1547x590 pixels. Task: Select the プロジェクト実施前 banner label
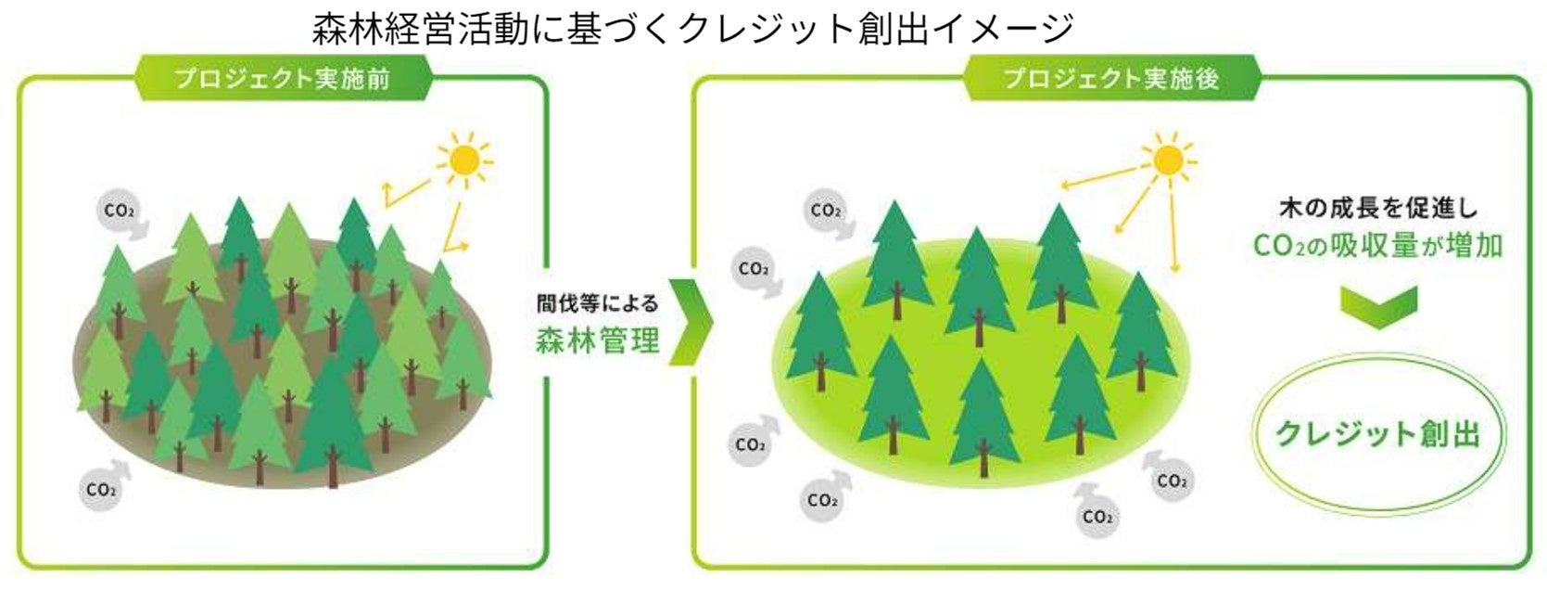pyautogui.click(x=283, y=78)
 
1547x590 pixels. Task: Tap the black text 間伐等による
pyautogui.click(x=598, y=303)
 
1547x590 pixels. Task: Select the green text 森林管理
pyautogui.click(x=598, y=340)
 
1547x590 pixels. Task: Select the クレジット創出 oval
pyautogui.click(x=1378, y=433)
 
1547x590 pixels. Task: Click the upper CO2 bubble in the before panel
pyautogui.click(x=119, y=212)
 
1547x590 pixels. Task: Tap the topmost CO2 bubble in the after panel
pyautogui.click(x=824, y=211)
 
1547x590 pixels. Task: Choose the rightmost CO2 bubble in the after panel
pyautogui.click(x=1172, y=481)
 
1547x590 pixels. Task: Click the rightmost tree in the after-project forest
pyautogui.click(x=1142, y=329)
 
